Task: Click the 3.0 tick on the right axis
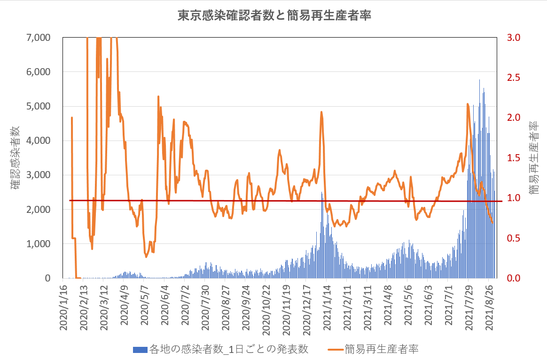point(514,38)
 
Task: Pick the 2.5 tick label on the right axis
point(514,78)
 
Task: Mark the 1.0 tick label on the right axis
point(514,198)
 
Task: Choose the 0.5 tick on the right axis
point(514,238)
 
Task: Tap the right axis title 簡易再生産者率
point(533,157)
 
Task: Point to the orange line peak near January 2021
point(321,112)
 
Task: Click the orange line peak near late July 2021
point(468,104)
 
